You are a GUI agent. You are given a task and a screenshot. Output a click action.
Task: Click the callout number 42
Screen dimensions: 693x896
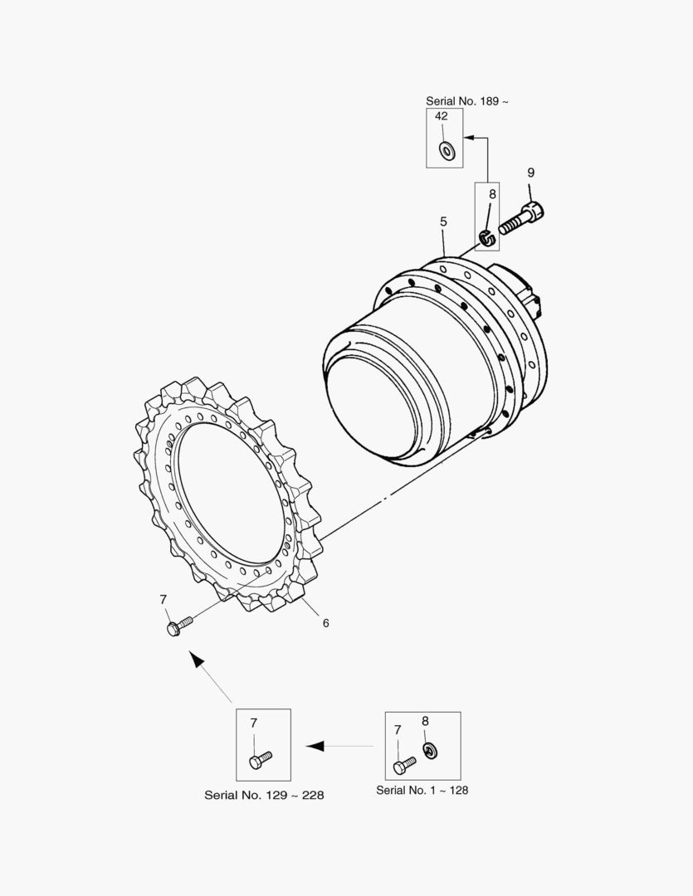click(442, 116)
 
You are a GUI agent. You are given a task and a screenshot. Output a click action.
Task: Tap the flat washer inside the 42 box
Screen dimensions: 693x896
click(446, 150)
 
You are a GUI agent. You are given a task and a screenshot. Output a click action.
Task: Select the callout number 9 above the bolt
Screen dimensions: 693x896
click(530, 172)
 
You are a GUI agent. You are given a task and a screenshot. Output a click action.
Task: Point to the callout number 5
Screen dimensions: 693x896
click(444, 222)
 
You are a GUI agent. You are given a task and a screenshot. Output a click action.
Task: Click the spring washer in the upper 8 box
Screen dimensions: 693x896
click(486, 236)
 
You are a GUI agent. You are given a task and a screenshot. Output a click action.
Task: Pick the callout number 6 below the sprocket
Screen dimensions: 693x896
click(326, 623)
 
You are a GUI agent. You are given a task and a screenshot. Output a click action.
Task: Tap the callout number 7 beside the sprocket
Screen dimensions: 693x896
click(163, 600)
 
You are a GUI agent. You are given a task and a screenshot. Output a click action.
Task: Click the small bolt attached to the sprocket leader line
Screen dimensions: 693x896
click(179, 626)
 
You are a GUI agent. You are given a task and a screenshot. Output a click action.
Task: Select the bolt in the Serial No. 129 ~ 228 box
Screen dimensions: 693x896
click(261, 760)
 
